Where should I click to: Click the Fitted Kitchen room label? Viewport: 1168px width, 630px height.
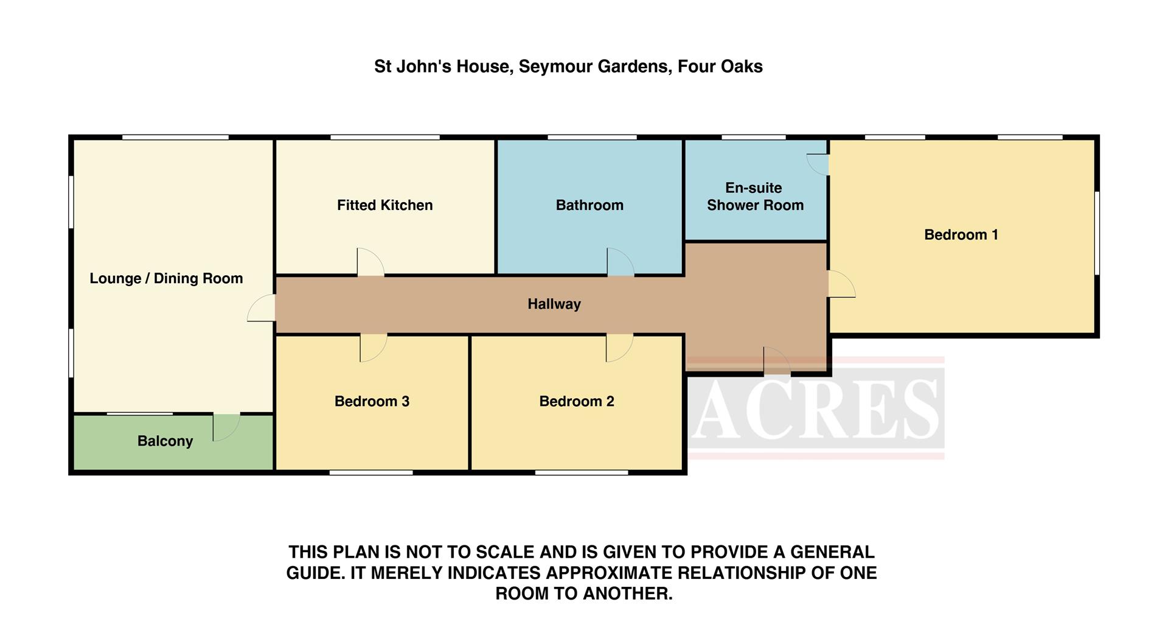point(384,205)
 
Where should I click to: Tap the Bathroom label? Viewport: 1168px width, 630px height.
point(589,205)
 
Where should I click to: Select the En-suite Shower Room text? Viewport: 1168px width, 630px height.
point(755,197)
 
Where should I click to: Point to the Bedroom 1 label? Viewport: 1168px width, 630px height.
point(961,235)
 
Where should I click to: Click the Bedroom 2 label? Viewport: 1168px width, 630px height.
point(576,401)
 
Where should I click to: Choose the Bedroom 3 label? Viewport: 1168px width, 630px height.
point(372,401)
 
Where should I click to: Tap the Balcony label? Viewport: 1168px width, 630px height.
point(165,441)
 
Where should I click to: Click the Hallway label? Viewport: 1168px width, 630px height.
point(554,304)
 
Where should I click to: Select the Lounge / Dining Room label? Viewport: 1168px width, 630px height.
point(166,278)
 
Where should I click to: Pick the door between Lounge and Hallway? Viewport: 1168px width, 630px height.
point(262,309)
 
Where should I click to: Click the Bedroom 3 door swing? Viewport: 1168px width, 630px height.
point(372,348)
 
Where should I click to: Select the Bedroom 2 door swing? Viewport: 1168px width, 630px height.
point(618,348)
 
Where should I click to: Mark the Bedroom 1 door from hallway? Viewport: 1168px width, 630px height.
point(841,284)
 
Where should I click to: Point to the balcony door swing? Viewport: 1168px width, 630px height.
point(225,427)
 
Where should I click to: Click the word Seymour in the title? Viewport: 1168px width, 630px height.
point(555,66)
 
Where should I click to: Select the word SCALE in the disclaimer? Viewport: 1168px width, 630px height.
point(504,552)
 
